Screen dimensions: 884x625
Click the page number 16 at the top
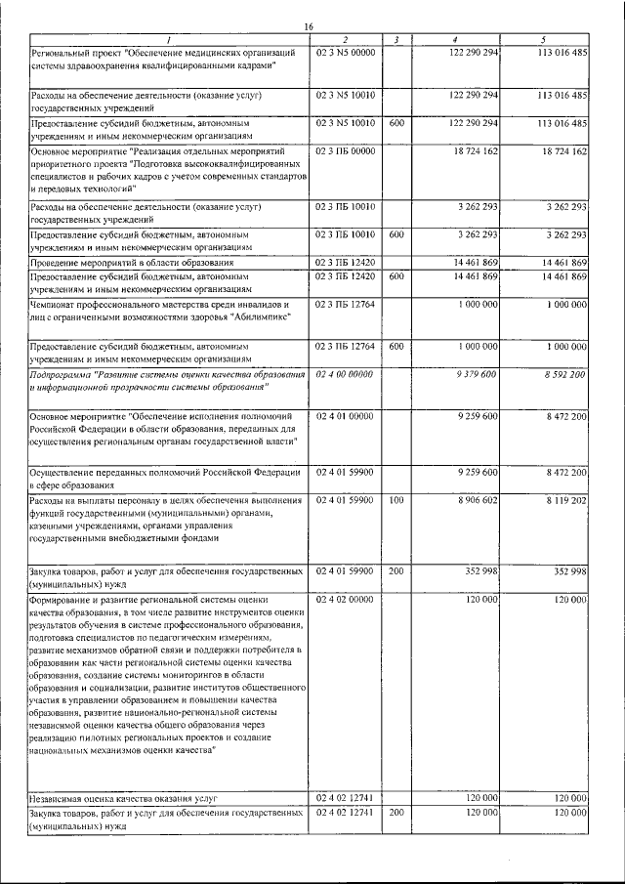click(309, 25)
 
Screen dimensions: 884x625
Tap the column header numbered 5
click(542, 39)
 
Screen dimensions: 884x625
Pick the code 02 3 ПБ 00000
click(346, 152)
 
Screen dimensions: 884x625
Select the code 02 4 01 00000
click(346, 417)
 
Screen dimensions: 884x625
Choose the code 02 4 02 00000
click(346, 598)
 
